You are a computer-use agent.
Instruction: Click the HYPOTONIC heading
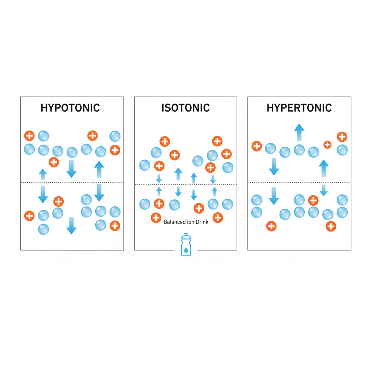(x=70, y=108)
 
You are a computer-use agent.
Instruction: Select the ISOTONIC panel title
(x=185, y=108)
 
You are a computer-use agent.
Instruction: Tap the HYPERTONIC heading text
(x=299, y=108)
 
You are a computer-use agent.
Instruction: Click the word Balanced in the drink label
(x=174, y=222)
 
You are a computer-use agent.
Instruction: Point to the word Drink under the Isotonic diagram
(x=202, y=222)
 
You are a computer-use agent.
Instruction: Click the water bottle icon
(x=185, y=245)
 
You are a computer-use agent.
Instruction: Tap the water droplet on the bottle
(x=185, y=249)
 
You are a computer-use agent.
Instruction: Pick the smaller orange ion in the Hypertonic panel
(x=327, y=145)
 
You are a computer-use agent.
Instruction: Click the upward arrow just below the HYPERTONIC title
(x=299, y=133)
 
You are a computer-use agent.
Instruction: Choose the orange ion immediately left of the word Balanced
(x=156, y=218)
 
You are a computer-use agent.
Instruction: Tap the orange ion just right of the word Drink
(x=218, y=217)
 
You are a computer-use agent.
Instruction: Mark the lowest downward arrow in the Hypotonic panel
(x=71, y=225)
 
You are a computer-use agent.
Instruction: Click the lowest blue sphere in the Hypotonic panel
(x=43, y=229)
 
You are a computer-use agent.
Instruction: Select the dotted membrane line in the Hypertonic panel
(x=299, y=183)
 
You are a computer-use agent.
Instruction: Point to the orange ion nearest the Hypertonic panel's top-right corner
(x=342, y=137)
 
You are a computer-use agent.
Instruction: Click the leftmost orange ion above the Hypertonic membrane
(x=257, y=146)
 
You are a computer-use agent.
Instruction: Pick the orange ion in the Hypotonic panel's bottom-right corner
(x=115, y=225)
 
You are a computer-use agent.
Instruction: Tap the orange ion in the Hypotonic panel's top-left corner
(x=29, y=136)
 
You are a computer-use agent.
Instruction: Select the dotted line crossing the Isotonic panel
(x=185, y=185)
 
